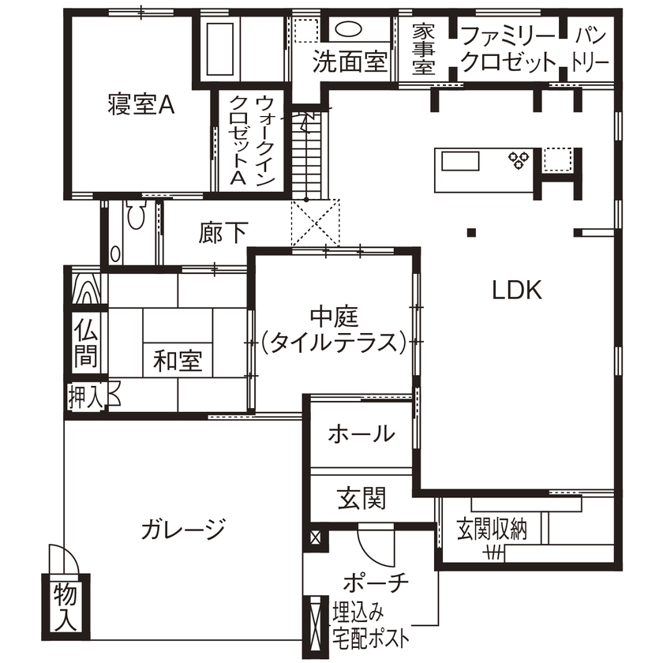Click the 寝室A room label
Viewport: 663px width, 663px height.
(140, 105)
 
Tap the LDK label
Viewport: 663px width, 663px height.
(517, 290)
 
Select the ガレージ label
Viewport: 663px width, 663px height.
(184, 528)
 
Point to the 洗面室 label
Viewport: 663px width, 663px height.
(348, 63)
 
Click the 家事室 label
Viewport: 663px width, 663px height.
(425, 49)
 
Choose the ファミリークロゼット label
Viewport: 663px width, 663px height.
(508, 49)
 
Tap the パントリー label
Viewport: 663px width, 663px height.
(590, 49)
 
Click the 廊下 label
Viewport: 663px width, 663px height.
(223, 233)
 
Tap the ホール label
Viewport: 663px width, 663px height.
(361, 433)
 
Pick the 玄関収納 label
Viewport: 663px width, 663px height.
(492, 530)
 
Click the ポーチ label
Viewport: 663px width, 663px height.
(376, 584)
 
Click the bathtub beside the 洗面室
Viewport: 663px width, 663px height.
(220, 47)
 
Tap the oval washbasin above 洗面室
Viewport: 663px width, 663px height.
(347, 30)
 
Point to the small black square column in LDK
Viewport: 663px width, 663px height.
(471, 232)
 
